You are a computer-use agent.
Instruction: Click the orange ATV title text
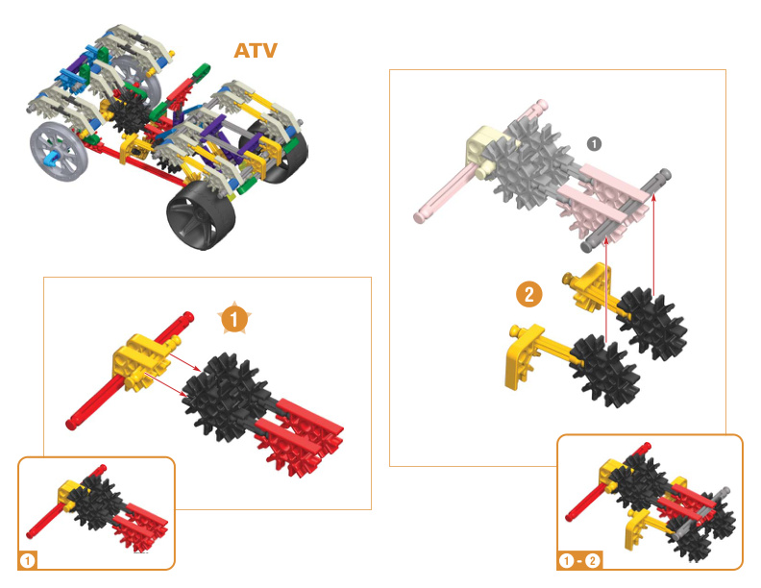pos(256,50)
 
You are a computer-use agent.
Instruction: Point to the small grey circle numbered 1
pos(594,143)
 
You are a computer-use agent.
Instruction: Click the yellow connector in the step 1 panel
pos(139,361)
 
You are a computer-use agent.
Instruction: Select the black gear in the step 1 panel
pos(224,394)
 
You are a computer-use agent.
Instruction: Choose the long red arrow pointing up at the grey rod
pos(652,240)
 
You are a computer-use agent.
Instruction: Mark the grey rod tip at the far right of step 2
pos(663,177)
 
